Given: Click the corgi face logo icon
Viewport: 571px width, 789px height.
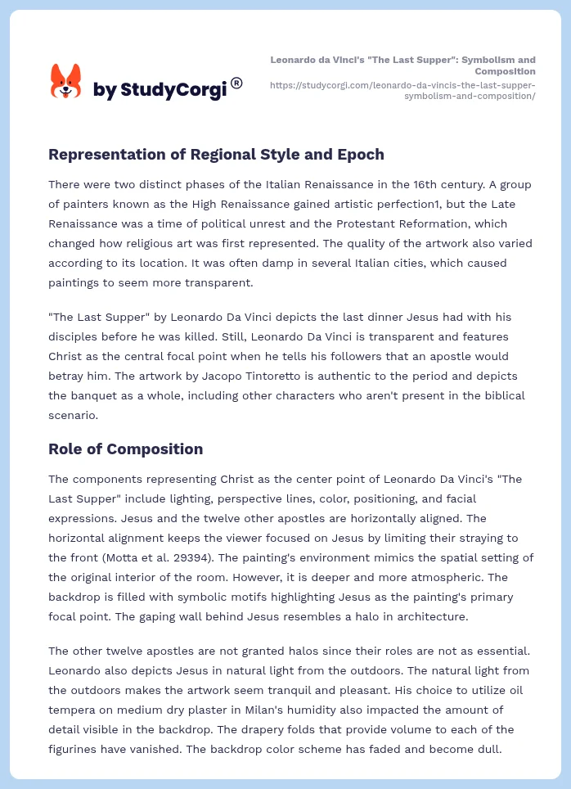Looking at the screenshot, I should click(66, 81).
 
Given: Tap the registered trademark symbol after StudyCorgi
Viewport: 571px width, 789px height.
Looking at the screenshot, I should click(236, 82).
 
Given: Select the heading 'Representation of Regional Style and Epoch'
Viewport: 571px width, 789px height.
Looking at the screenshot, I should click(216, 154).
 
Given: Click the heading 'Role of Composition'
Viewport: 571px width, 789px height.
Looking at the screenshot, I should click(125, 449).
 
